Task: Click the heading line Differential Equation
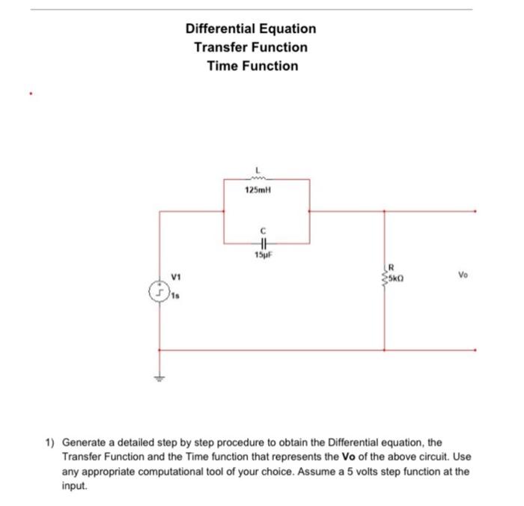[x=251, y=29]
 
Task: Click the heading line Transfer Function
[x=251, y=47]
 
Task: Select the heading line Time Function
[x=252, y=66]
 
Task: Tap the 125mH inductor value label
[x=257, y=191]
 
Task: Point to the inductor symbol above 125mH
[x=257, y=179]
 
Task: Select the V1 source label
[x=177, y=277]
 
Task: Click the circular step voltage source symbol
[x=159, y=290]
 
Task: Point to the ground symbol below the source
[x=159, y=379]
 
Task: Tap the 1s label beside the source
[x=175, y=296]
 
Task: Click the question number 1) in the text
[x=50, y=442]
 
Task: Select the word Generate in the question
[x=85, y=442]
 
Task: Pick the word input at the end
[x=73, y=484]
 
